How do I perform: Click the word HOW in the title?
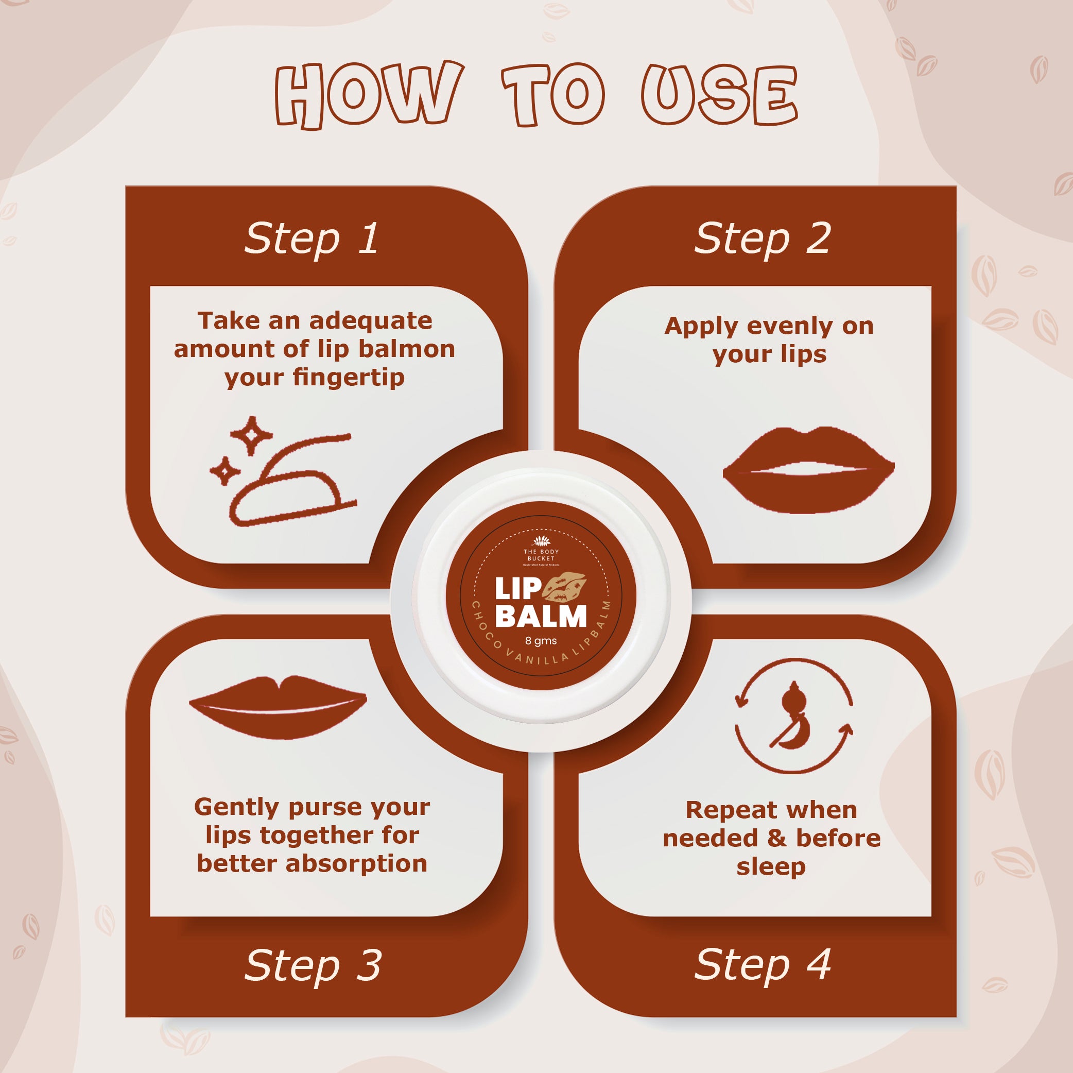369,94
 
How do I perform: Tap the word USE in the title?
720,94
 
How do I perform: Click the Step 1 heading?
312,239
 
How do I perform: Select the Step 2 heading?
763,239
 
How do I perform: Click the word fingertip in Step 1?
349,379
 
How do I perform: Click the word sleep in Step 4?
771,867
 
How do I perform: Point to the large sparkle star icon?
252,436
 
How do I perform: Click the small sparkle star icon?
225,471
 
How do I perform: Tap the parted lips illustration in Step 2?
808,470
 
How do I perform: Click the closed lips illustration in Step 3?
278,707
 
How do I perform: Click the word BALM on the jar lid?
541,616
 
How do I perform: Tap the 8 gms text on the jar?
541,641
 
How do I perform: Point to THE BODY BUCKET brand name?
541,555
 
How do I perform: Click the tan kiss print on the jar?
564,587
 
